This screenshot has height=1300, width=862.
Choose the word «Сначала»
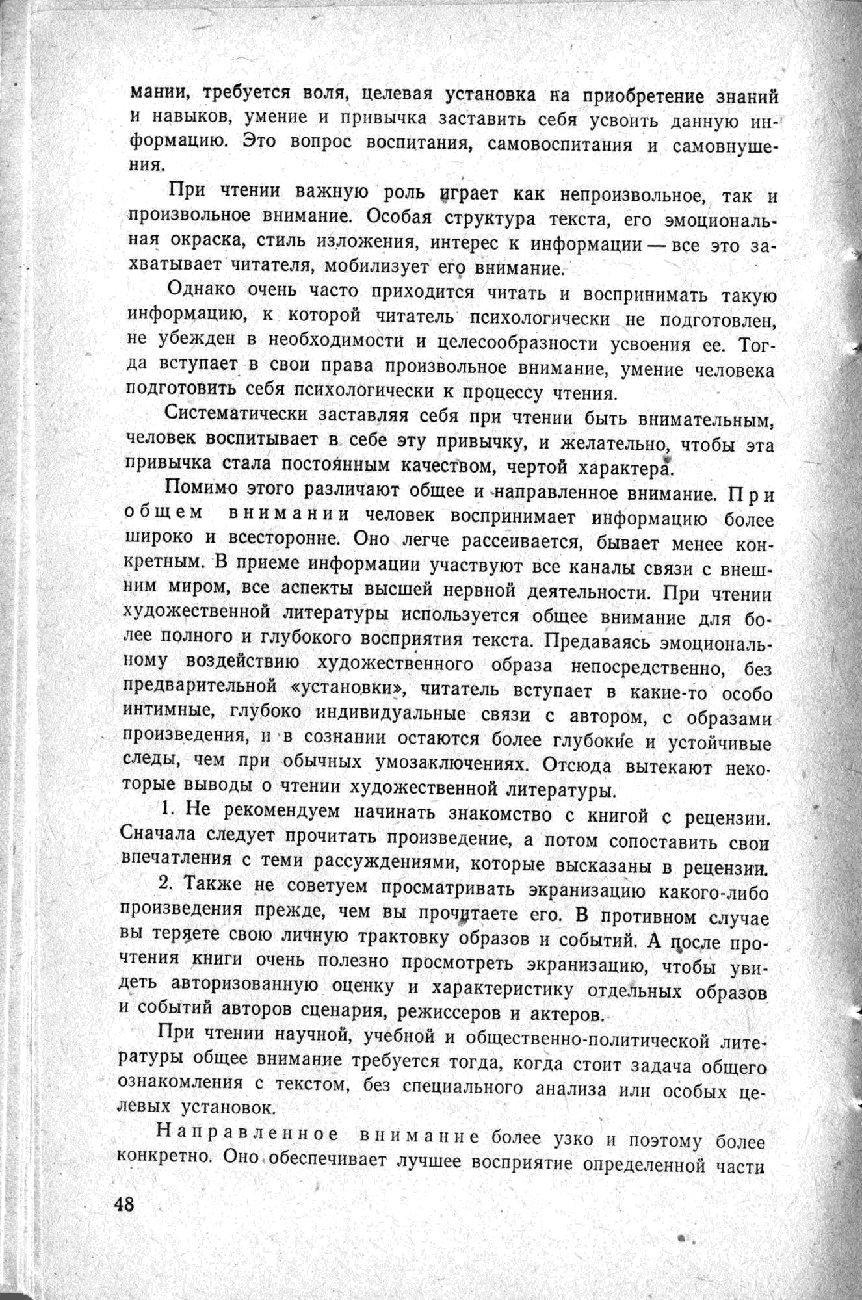tap(158, 836)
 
